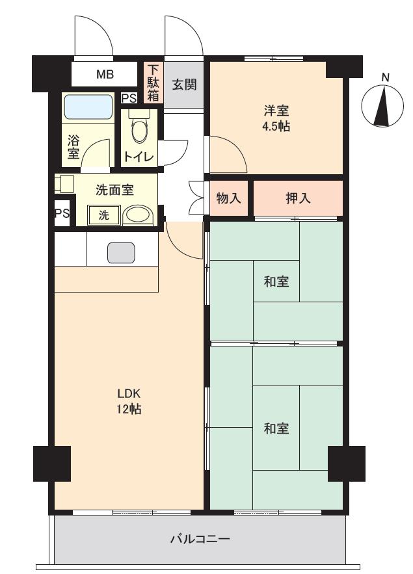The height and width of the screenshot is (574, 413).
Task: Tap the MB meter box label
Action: (x=105, y=75)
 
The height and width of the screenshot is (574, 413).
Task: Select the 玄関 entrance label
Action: (x=185, y=85)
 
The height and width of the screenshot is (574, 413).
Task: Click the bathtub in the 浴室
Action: (x=89, y=106)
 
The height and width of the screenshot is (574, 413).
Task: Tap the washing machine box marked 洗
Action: (x=104, y=215)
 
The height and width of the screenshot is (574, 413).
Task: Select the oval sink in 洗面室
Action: (x=137, y=215)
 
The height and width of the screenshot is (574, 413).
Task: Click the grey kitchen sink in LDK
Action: (x=121, y=252)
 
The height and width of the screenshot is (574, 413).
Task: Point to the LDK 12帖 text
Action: (x=129, y=402)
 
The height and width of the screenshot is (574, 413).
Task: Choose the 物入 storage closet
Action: (x=228, y=198)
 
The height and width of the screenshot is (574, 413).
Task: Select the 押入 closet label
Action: (x=298, y=198)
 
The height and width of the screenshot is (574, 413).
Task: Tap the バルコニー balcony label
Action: (x=200, y=539)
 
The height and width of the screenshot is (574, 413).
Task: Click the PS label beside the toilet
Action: (x=129, y=99)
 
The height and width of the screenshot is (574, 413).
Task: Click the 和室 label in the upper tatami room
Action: (x=276, y=281)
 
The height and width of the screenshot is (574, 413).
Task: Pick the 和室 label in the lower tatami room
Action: (x=276, y=429)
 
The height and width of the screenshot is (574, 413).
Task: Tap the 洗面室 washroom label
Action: (x=114, y=190)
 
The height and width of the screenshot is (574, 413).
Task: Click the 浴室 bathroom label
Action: (x=73, y=147)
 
